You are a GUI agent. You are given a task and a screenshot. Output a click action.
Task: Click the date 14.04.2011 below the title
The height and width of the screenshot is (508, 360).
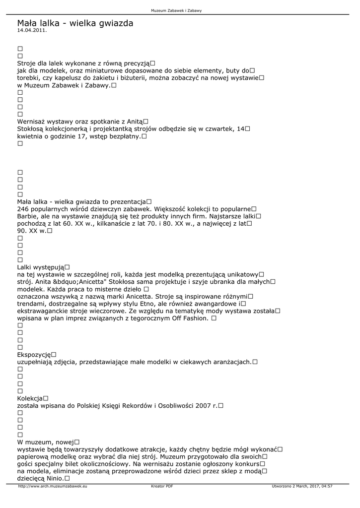[x=32, y=30]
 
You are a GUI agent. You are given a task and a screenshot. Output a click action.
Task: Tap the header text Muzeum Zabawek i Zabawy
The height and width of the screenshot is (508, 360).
[x=179, y=10]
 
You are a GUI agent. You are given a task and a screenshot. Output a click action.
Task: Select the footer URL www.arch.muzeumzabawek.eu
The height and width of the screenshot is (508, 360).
[x=53, y=487]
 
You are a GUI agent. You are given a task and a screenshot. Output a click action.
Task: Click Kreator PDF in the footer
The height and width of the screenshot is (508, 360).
[x=162, y=487]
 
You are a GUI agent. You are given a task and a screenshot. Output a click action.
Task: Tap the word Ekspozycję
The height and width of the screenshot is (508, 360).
[x=34, y=355]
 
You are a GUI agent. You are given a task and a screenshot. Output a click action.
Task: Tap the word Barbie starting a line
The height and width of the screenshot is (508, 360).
[x=27, y=216]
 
